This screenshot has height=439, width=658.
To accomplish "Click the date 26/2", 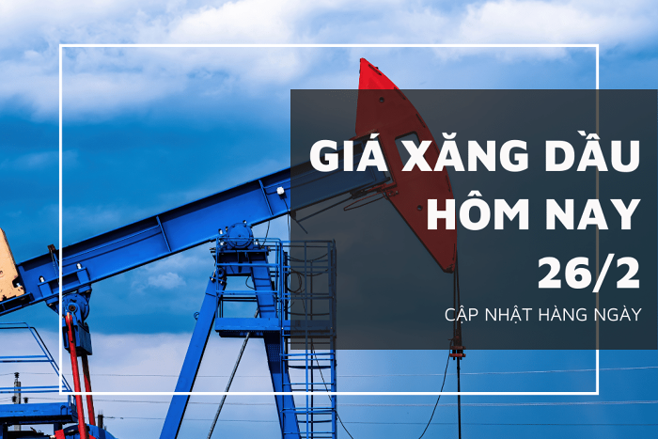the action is (588, 272).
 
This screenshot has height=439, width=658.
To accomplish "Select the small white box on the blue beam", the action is (280, 191).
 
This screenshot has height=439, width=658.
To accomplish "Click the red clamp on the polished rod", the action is (457, 353).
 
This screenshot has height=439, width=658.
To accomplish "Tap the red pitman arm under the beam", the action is (79, 373).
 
